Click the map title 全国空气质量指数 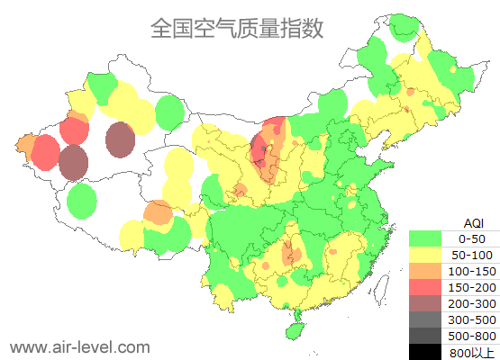(x=236, y=29)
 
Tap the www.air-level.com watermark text (x=79, y=346)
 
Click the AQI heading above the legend (x=473, y=222)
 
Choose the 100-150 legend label (x=471, y=271)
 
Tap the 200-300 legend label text (x=471, y=303)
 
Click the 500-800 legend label (x=471, y=336)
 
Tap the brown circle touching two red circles (x=74, y=163)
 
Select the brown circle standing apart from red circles (x=120, y=139)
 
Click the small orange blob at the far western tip (x=25, y=145)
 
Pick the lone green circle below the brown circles (x=82, y=201)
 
